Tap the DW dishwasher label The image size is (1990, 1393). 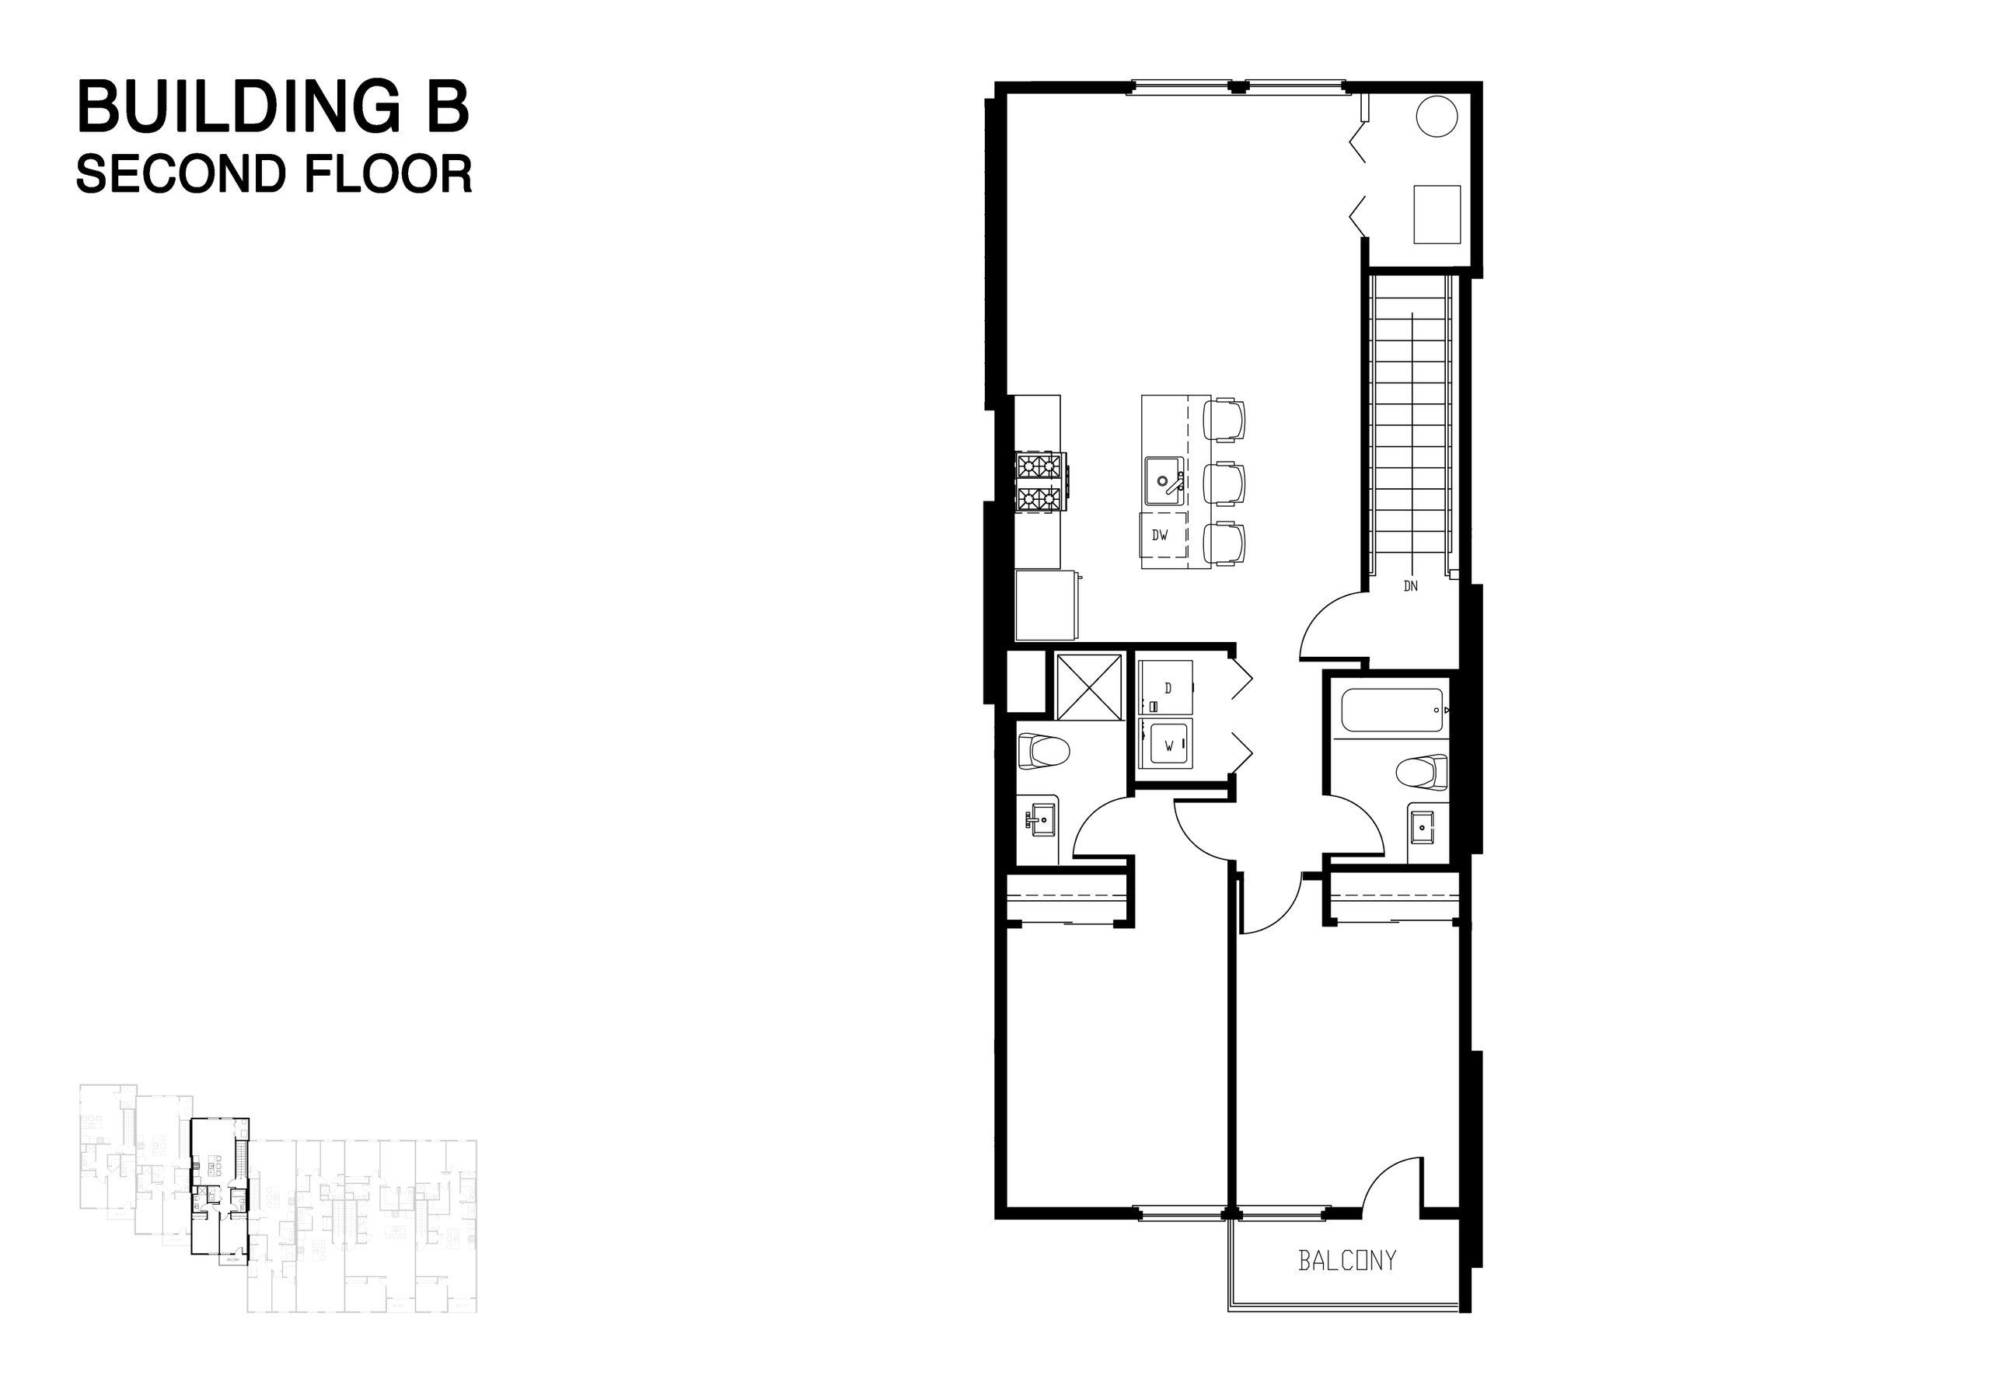(x=1160, y=536)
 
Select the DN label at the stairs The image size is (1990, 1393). (x=1411, y=586)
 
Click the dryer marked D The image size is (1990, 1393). (x=1166, y=687)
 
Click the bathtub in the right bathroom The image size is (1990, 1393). (x=1393, y=710)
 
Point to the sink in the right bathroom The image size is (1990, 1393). (x=1423, y=829)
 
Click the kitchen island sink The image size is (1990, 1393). (x=1164, y=482)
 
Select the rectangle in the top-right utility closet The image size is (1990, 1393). (x=1437, y=213)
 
